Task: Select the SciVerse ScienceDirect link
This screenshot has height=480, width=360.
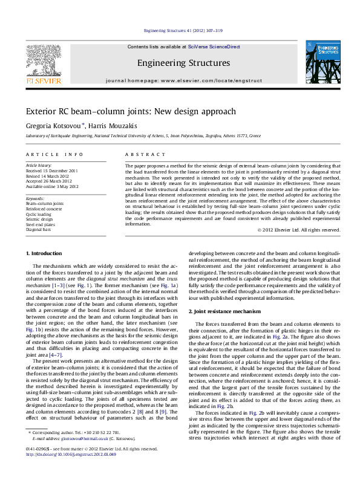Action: [209, 47]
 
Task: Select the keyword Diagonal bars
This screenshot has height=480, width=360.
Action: [38, 230]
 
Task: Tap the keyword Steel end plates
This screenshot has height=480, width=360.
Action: [40, 225]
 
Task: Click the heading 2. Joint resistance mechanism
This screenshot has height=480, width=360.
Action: [224, 311]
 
